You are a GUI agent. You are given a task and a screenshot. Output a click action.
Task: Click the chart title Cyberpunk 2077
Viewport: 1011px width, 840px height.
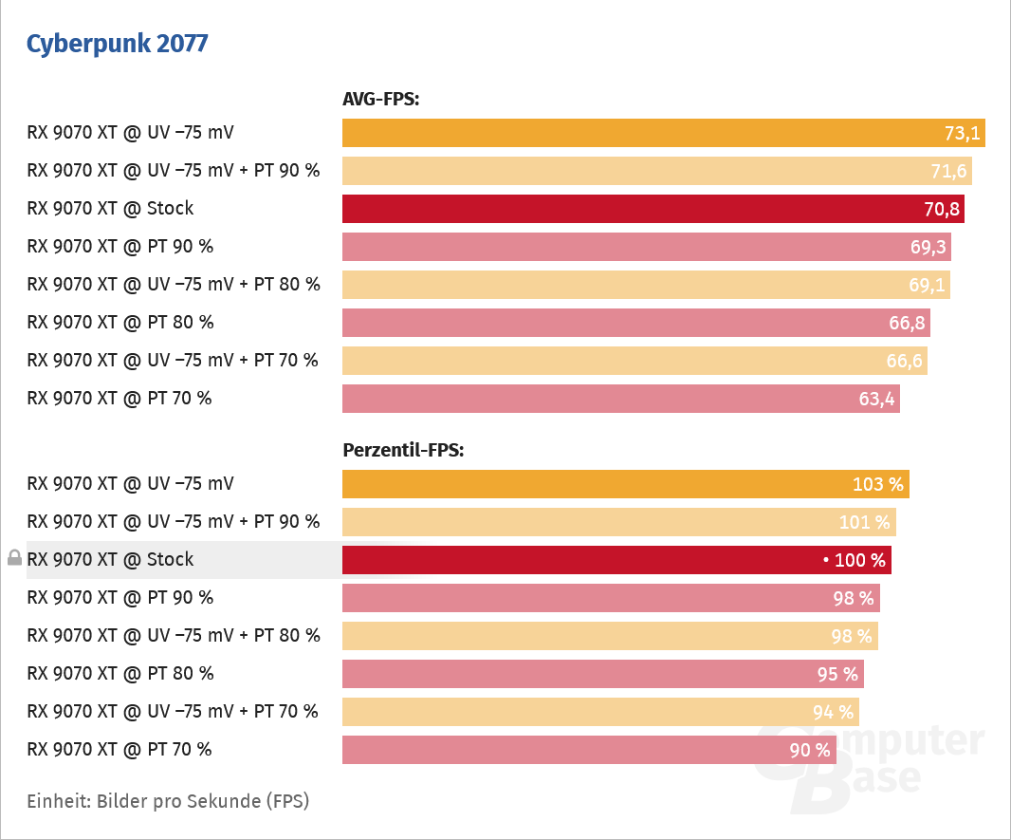[x=118, y=44]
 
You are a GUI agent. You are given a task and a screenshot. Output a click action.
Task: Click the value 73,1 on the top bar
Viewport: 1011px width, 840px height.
[x=962, y=134]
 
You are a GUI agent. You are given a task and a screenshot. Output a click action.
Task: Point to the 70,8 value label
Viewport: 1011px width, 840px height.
[x=941, y=210]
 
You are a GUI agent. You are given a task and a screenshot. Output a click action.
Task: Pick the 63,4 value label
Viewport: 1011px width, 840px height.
[x=876, y=400]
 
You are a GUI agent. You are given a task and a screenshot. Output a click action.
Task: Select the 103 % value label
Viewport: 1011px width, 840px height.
[x=878, y=485]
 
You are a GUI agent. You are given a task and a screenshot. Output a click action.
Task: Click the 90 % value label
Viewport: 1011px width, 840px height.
[x=809, y=751]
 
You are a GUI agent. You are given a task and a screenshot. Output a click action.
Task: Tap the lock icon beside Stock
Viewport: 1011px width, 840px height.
[x=14, y=558]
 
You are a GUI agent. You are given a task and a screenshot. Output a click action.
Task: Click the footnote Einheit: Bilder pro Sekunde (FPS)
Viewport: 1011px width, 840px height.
[x=168, y=801]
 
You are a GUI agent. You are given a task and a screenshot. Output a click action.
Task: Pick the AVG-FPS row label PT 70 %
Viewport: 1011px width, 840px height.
[x=119, y=399]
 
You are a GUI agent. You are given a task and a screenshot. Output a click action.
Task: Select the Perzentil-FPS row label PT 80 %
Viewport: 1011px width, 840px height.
[x=120, y=674]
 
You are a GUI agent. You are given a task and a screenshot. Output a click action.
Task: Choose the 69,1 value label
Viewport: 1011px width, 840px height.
[x=927, y=286]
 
